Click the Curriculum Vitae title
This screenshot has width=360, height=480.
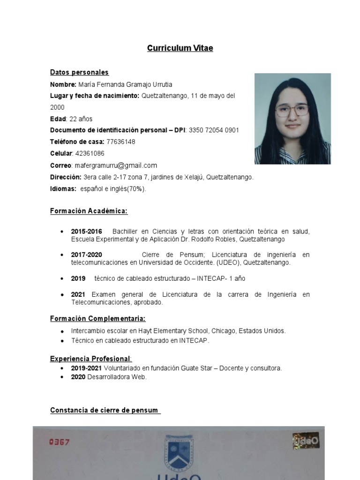click(180, 48)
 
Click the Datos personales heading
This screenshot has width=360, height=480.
click(79, 72)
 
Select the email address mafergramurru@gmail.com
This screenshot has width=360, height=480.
click(115, 165)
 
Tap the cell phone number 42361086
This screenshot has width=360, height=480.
click(90, 153)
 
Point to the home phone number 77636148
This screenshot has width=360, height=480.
click(120, 142)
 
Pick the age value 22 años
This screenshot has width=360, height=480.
click(82, 119)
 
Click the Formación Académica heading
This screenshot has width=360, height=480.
click(89, 211)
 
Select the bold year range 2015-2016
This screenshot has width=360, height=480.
click(86, 232)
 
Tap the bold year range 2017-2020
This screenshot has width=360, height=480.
click(86, 255)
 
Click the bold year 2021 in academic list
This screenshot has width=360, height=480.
click(78, 294)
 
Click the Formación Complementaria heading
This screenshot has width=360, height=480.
click(97, 319)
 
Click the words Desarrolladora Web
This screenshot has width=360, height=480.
click(117, 377)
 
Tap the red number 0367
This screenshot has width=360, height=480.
click(59, 442)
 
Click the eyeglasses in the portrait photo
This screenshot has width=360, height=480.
click(292, 111)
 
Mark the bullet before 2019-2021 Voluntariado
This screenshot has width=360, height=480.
click(63, 368)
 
